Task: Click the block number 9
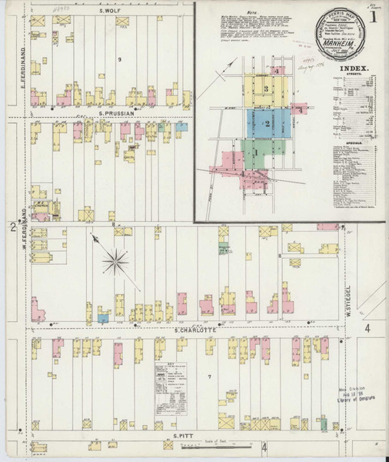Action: (119, 59)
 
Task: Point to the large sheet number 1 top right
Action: (372, 16)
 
